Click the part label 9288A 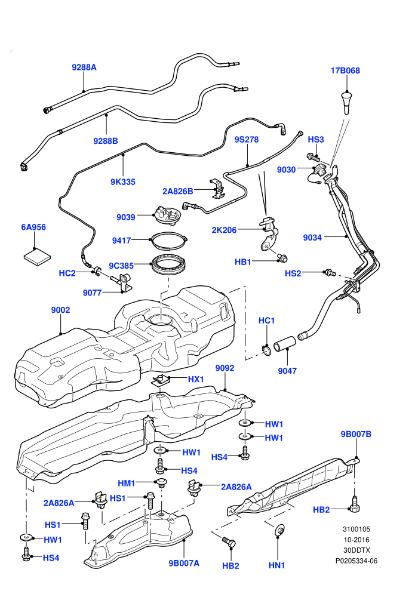[84, 67]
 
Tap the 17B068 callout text [345, 70]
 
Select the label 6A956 [33, 227]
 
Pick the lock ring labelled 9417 [168, 241]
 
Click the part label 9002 [61, 310]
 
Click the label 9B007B [356, 434]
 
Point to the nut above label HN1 [280, 531]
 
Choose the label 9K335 [123, 181]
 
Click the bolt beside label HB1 [282, 258]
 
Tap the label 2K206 [225, 230]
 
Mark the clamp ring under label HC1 [267, 351]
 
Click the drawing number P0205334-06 [356, 561]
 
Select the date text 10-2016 [356, 540]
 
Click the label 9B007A [184, 563]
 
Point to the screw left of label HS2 [330, 272]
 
